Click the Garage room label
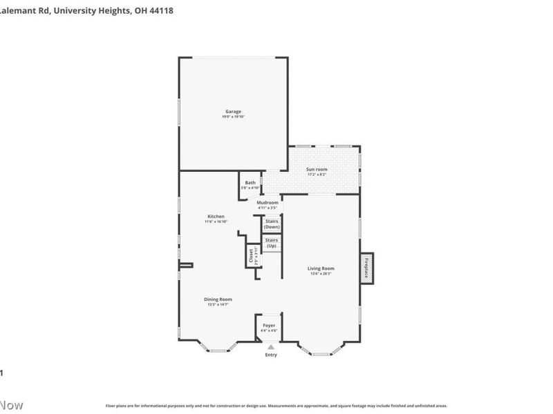point(233,111)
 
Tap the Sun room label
point(317,169)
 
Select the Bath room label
point(250,183)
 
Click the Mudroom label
point(267,202)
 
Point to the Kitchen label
point(214,216)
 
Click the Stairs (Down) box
point(272,224)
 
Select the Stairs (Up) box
point(272,244)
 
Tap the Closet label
point(251,255)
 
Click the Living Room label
point(321,268)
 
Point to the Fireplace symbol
point(366,266)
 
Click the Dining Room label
point(216,299)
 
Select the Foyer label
point(270,326)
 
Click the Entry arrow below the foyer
point(271,348)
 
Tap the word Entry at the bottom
point(271,355)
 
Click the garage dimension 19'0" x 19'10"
point(233,117)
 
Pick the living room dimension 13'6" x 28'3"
point(321,274)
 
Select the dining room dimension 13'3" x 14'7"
point(216,304)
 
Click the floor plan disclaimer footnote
point(276,406)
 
